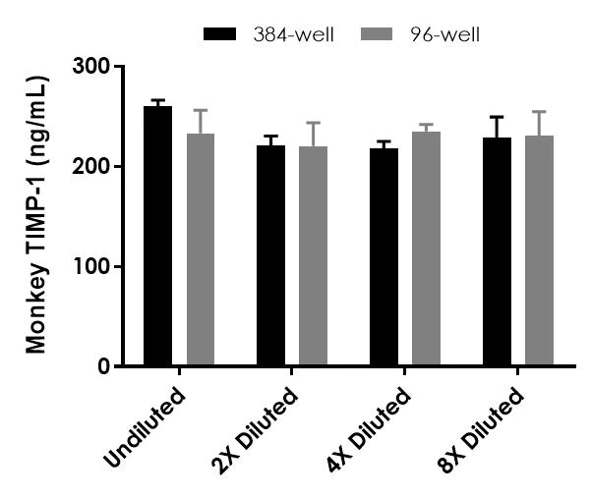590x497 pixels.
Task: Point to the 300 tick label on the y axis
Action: (90, 67)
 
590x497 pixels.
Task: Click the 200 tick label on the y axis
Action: (90, 167)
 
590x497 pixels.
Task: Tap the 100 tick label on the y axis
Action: (90, 267)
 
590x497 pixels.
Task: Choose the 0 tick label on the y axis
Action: (102, 367)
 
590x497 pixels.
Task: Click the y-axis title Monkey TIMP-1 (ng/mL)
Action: (36, 214)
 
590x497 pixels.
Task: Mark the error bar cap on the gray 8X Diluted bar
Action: (540, 112)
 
